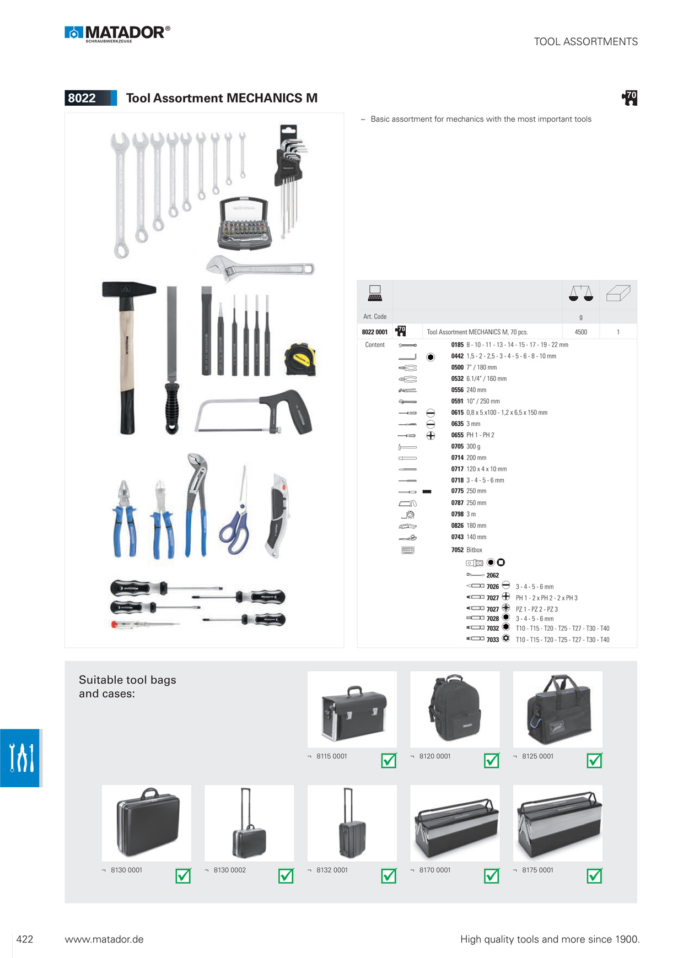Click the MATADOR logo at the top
[117, 34]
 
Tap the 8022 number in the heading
[82, 98]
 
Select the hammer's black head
[129, 289]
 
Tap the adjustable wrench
[260, 268]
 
